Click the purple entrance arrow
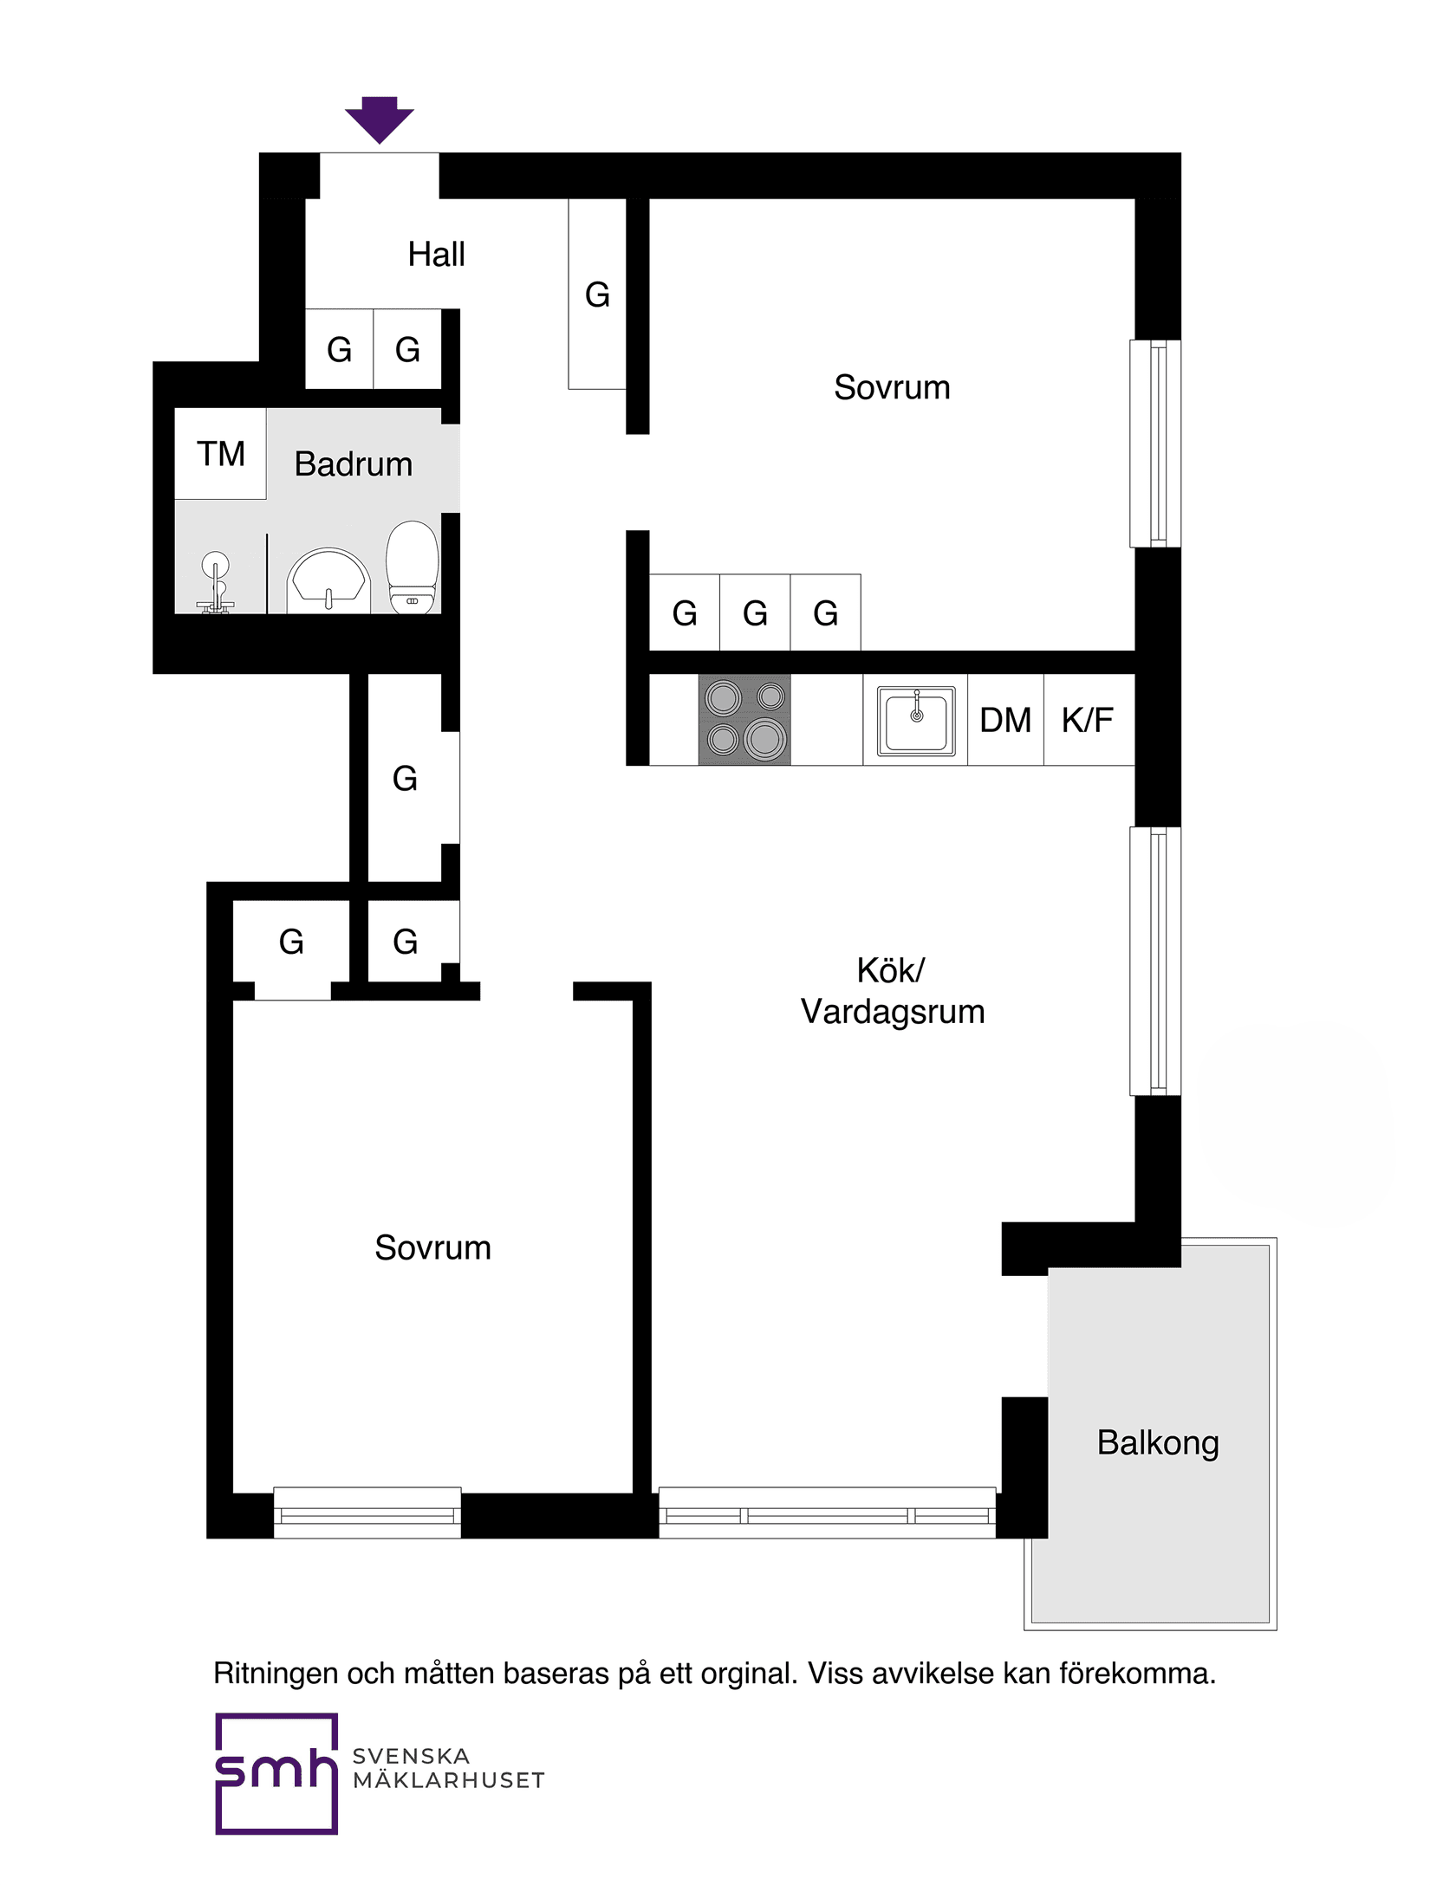coord(380,119)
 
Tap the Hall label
coord(436,255)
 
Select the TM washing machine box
coord(220,454)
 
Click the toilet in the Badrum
coord(413,568)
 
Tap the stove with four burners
coord(744,719)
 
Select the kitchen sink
coord(915,720)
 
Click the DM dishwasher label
coord(1005,720)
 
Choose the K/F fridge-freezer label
coord(1088,720)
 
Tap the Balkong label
coord(1158,1442)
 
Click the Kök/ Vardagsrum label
coord(893,991)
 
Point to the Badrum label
coord(354,464)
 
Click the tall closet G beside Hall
coord(597,295)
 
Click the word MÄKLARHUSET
coord(449,1781)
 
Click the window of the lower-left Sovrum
coord(367,1513)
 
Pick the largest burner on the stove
coord(764,739)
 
